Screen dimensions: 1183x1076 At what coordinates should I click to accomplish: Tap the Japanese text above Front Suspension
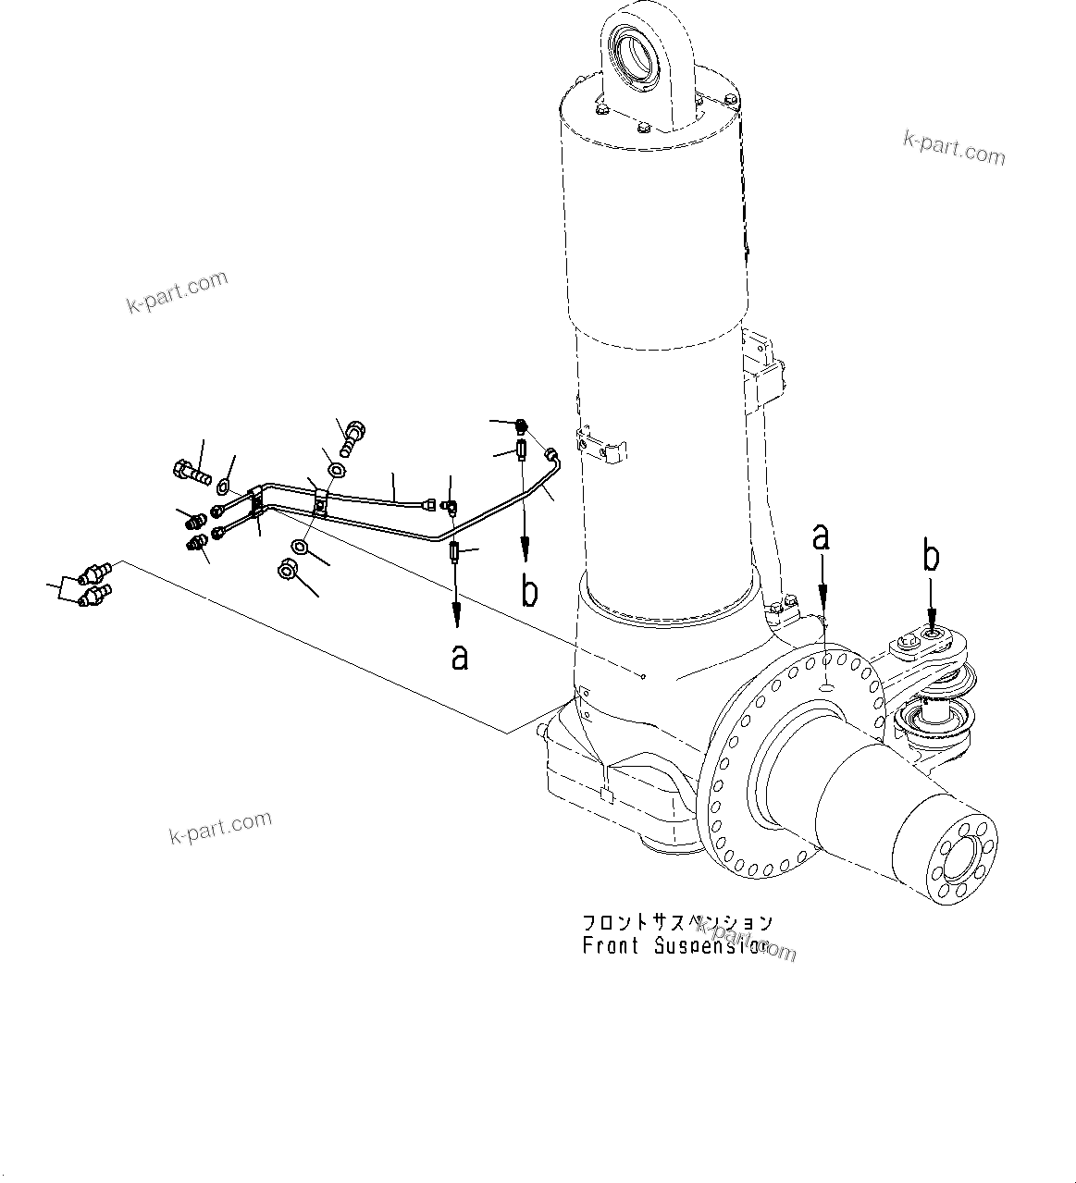[676, 923]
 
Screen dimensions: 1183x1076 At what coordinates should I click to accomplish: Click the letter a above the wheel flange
[821, 538]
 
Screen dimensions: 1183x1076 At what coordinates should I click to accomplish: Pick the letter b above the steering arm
[932, 558]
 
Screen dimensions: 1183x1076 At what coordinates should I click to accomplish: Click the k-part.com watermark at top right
[954, 147]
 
